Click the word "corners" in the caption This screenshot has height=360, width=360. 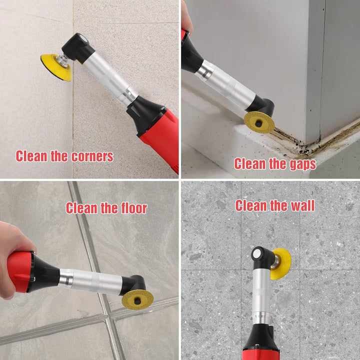92,156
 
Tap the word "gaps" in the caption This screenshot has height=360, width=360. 303,164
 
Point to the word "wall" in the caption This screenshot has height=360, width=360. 303,205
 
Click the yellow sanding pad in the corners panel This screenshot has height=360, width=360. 56,67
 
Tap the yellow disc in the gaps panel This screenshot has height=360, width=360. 259,122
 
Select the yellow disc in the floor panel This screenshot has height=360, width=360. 137,299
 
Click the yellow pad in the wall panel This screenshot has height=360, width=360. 280,263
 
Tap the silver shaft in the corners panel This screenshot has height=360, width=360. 109,78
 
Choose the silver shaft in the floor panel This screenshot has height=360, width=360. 90,281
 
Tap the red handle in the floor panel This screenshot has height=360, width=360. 19,272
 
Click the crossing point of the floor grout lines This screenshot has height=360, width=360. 107,316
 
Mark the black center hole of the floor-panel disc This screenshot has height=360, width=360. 137,301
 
